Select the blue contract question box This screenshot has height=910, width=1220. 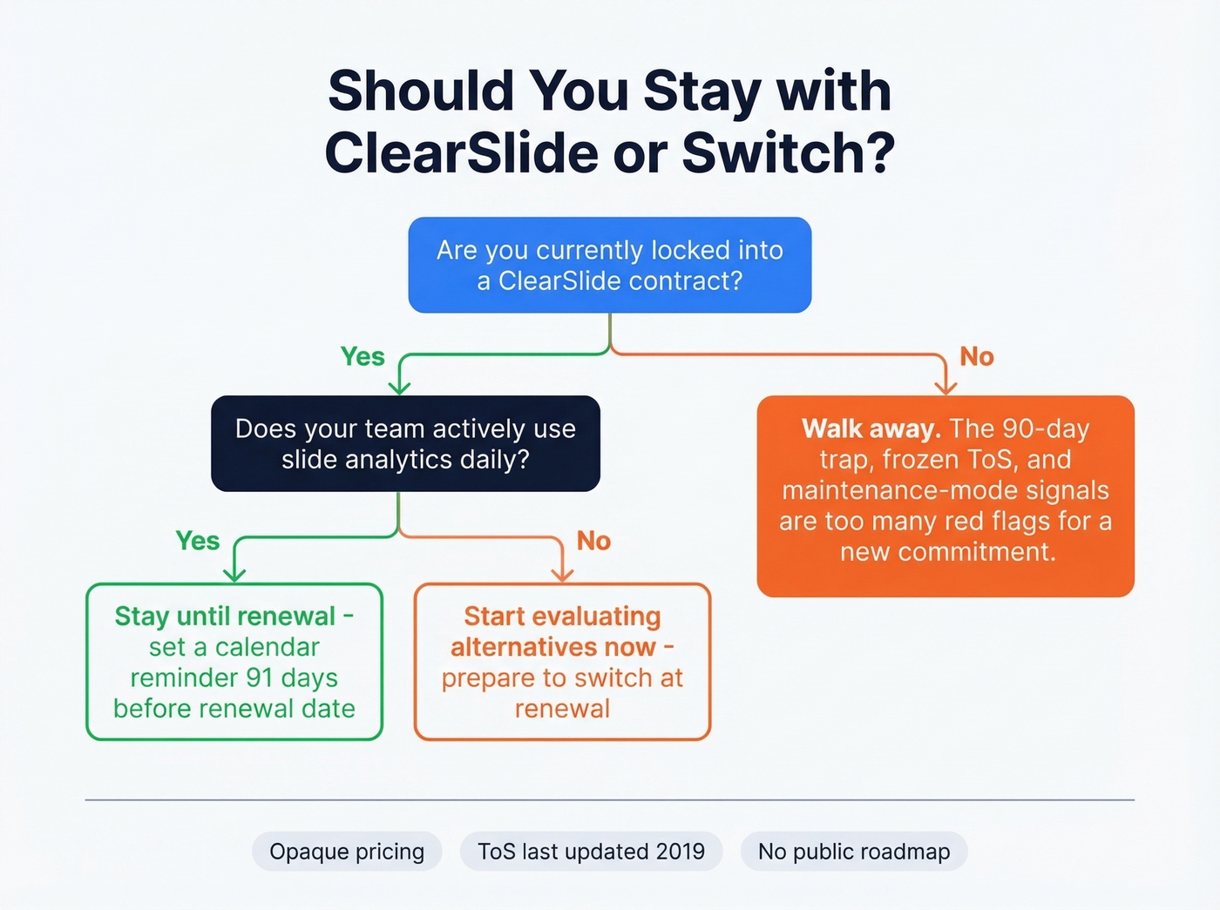[x=610, y=265]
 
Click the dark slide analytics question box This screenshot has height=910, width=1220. [x=405, y=443]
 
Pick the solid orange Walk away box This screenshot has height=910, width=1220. [x=945, y=496]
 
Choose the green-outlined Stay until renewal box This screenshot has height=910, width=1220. [x=234, y=662]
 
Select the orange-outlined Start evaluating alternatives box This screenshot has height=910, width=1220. [x=562, y=662]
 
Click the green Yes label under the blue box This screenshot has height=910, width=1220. [x=363, y=357]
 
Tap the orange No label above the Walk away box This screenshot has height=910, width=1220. [x=977, y=357]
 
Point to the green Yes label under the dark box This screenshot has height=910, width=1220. [x=198, y=541]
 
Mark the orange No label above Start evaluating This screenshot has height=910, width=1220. [x=593, y=541]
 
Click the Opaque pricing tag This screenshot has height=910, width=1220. [x=347, y=852]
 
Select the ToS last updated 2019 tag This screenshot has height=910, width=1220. [x=591, y=852]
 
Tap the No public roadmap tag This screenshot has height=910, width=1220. [x=854, y=852]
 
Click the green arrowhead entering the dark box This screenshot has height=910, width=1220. [x=399, y=388]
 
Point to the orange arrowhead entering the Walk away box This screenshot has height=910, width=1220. [x=945, y=388]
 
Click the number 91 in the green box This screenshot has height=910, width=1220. [x=260, y=677]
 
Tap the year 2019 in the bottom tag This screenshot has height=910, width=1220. [x=677, y=852]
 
